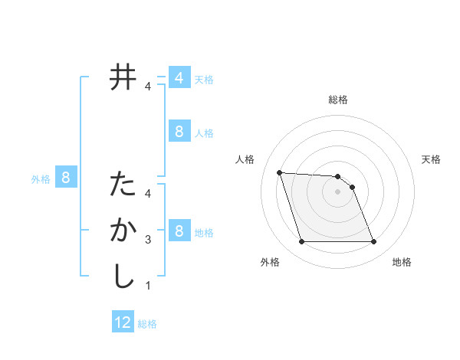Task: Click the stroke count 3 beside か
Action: [148, 240]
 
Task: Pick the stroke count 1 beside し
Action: [148, 286]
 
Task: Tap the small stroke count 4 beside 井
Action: [148, 87]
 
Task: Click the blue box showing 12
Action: [123, 322]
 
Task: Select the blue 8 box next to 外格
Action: [66, 178]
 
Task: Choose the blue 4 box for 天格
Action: [179, 78]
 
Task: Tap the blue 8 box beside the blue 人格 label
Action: [179, 132]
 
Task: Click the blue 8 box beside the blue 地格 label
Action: [179, 231]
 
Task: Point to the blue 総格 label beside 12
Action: [147, 324]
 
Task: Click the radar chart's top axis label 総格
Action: [338, 100]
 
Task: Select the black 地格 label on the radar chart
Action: [402, 262]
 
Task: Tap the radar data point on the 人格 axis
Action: [280, 172]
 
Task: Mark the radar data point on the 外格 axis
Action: [301, 242]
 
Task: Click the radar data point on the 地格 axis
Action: [373, 242]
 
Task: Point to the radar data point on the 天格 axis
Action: [352, 187]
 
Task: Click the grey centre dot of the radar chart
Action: [337, 192]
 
